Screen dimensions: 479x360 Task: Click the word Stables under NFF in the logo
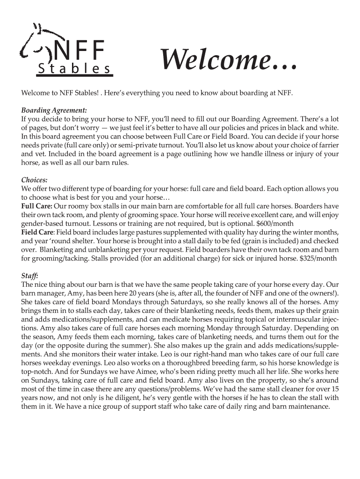[74, 69]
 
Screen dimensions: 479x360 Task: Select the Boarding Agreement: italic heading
[54, 110]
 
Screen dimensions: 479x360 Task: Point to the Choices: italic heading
[35, 180]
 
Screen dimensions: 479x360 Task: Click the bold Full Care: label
[36, 206]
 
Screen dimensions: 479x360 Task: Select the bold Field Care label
[37, 232]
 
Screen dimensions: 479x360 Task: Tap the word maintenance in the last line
[307, 406]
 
